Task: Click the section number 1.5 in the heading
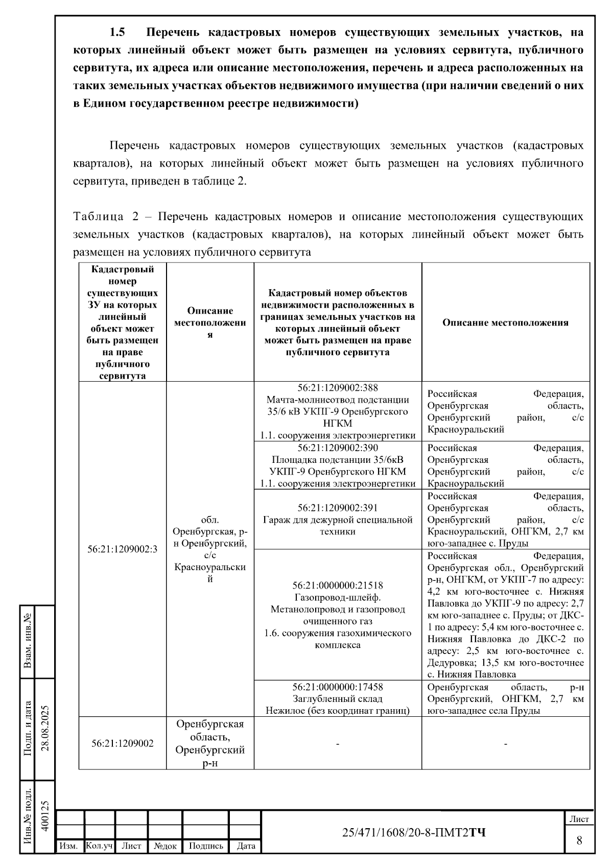pyautogui.click(x=117, y=33)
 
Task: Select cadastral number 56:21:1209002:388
pyautogui.click(x=338, y=388)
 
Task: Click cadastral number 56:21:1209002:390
pyautogui.click(x=338, y=448)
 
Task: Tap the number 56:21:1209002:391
pyautogui.click(x=338, y=508)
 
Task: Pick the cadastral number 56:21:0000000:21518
pyautogui.click(x=338, y=585)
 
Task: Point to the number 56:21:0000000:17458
pyautogui.click(x=338, y=687)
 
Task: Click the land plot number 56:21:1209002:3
pyautogui.click(x=123, y=549)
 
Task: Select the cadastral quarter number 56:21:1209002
pyautogui.click(x=123, y=743)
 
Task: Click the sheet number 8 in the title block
pyautogui.click(x=579, y=840)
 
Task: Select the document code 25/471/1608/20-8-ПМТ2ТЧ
pyautogui.click(x=414, y=833)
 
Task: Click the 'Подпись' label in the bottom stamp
pyautogui.click(x=206, y=846)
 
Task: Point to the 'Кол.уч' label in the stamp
pyautogui.click(x=99, y=846)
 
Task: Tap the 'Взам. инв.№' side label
pyautogui.click(x=28, y=642)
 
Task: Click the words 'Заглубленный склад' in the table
pyautogui.click(x=338, y=699)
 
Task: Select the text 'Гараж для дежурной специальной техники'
pyautogui.click(x=338, y=526)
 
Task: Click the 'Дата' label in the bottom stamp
pyautogui.click(x=246, y=846)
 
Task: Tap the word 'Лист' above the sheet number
pyautogui.click(x=579, y=819)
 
